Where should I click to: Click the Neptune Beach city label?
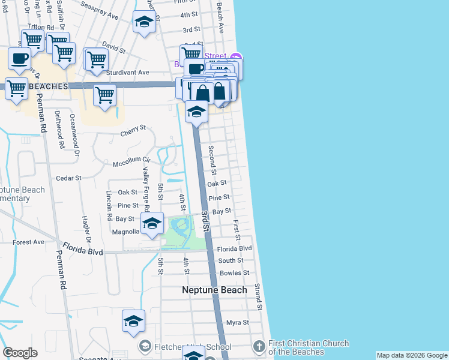pos(214,290)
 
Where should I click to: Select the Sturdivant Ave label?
pos(127,73)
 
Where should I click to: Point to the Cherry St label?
pos(133,129)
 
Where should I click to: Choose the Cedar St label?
pos(68,178)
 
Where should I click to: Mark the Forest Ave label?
pos(28,242)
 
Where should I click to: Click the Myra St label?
pos(237,323)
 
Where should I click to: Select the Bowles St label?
pos(234,273)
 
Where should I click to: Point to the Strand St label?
pos(259,296)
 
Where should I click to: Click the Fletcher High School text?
pos(193,347)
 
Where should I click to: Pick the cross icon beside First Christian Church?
pos(259,346)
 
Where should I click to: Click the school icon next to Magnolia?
pos(152,223)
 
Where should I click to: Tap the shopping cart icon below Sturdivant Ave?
pos(104,94)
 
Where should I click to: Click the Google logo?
pos(20,353)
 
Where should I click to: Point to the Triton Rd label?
pos(41,28)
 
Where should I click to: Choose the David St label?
pos(113,45)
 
